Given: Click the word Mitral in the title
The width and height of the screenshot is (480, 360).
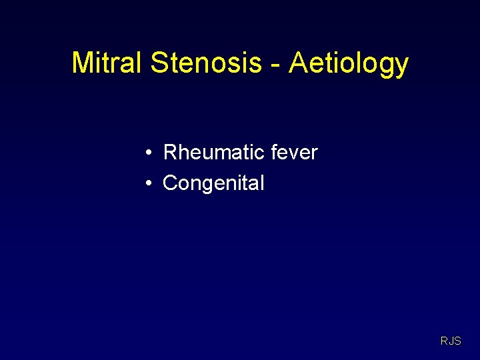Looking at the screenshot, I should click(x=107, y=63).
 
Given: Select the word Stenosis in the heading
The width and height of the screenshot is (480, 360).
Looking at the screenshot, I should click(x=206, y=63).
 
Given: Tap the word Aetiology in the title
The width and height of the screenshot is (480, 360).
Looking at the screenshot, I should click(x=349, y=64).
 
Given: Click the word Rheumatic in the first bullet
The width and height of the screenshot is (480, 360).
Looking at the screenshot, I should click(x=214, y=153).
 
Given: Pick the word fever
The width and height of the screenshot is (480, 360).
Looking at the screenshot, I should click(x=295, y=153).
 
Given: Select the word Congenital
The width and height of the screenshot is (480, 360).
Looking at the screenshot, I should click(x=213, y=183).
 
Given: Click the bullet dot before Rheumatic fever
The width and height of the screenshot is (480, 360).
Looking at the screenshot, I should click(x=150, y=153).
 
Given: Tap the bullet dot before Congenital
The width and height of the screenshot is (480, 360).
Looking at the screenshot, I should click(x=150, y=183).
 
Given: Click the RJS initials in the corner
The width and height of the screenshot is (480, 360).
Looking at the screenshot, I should click(x=451, y=341).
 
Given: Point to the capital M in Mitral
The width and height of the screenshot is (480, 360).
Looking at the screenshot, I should click(x=83, y=63).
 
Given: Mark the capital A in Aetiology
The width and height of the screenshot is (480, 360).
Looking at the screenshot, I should click(x=298, y=63).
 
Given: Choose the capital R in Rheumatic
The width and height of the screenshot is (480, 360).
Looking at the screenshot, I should click(x=170, y=153).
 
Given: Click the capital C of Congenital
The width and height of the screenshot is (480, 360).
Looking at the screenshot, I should click(x=170, y=183).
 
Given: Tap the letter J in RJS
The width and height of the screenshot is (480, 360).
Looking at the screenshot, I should click(x=451, y=341).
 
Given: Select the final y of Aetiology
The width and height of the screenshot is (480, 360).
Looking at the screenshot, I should click(x=401, y=67).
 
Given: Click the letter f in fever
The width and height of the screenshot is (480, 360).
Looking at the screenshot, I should click(x=275, y=152).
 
